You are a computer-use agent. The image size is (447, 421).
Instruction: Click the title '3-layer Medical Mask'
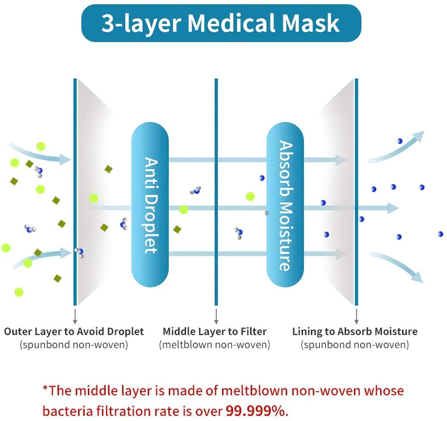221,23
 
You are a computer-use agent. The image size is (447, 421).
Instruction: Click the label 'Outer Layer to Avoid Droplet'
74,331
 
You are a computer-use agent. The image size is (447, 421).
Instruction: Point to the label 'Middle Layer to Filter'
215,331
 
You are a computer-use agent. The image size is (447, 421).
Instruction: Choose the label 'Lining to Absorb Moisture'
355,331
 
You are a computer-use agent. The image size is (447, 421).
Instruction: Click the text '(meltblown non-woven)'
215,345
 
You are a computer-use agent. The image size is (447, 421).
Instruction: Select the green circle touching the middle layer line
183,209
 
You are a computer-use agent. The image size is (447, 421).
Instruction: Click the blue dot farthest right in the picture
440,234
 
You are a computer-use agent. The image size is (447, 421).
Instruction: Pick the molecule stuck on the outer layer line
79,253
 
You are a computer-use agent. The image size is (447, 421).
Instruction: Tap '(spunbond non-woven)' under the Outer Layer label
74,345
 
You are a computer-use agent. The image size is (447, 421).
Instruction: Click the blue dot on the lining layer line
361,219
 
